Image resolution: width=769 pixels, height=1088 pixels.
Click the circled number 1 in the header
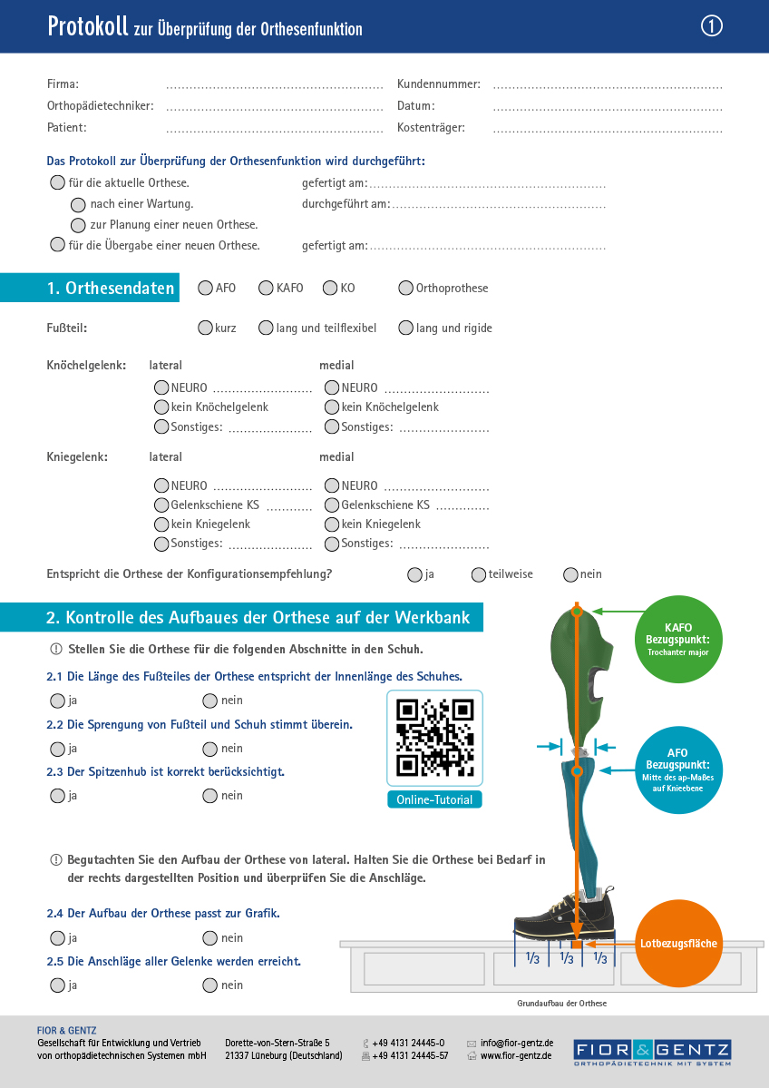712,27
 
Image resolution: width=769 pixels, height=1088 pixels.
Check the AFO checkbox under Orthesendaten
205,289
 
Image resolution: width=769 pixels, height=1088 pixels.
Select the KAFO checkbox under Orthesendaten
266,289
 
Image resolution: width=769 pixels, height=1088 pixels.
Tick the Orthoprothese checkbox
405,289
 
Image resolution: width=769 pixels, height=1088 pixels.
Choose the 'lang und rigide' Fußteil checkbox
405,328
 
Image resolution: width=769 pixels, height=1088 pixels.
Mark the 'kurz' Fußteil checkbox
205,328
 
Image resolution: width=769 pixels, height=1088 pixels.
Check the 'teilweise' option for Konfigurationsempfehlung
479,574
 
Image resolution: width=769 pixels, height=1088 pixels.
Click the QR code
435,738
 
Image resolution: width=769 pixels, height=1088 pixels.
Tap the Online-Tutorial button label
435,799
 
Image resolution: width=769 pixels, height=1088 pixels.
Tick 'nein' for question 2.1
210,701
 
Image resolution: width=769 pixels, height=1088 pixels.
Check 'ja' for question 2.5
58,985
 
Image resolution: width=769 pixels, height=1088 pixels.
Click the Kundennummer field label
439,84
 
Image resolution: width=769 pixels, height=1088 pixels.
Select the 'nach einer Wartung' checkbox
79,204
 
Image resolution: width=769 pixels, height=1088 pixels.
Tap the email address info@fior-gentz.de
517,1044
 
